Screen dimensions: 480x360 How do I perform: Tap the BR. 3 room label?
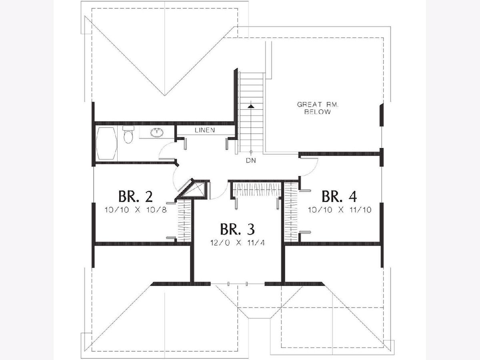(x=237, y=229)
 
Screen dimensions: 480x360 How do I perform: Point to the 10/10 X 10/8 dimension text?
(x=136, y=210)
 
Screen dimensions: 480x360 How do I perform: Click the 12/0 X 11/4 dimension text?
(x=238, y=243)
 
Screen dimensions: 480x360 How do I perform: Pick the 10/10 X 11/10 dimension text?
(x=340, y=210)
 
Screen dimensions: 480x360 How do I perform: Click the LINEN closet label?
(x=205, y=130)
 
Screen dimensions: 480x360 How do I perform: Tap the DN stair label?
(x=251, y=160)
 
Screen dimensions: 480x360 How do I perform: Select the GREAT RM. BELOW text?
(x=318, y=108)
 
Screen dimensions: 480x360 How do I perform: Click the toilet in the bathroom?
(x=128, y=134)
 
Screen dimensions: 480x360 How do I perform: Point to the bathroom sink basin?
(x=156, y=132)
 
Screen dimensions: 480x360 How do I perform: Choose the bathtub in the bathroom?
(x=106, y=143)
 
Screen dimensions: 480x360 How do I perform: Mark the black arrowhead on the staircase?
(x=251, y=106)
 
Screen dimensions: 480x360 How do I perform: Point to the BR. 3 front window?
(x=238, y=284)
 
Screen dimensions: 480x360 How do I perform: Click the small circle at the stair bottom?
(x=251, y=152)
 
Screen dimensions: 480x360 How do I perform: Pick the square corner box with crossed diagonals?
(x=197, y=189)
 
